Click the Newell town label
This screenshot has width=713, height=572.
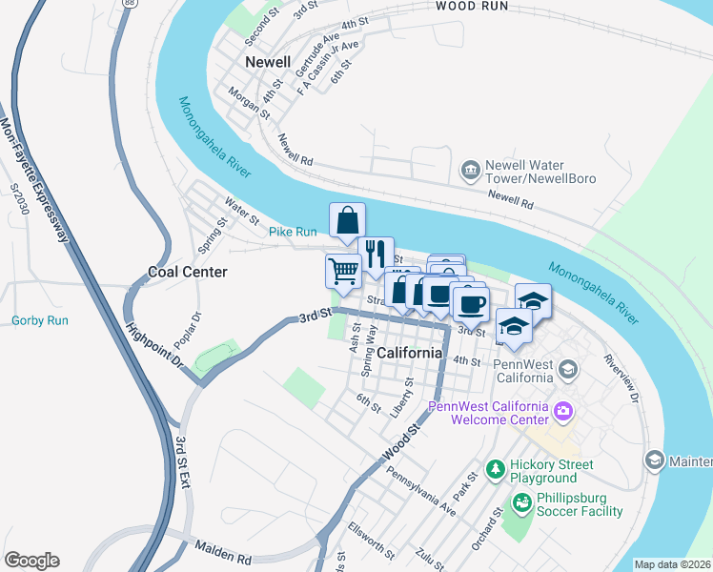(267, 62)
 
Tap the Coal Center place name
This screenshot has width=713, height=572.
(188, 272)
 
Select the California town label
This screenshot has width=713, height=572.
(410, 353)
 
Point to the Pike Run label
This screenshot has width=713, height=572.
(292, 232)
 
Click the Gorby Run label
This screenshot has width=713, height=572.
(40, 320)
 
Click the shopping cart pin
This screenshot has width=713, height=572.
(343, 270)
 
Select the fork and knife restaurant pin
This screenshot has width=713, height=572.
(377, 254)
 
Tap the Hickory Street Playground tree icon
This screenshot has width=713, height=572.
(495, 469)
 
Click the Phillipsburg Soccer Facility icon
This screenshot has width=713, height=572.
(521, 501)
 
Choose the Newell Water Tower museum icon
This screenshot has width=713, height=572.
(470, 171)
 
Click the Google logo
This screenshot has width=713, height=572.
(31, 561)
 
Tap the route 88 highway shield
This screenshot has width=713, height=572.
(129, 4)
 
